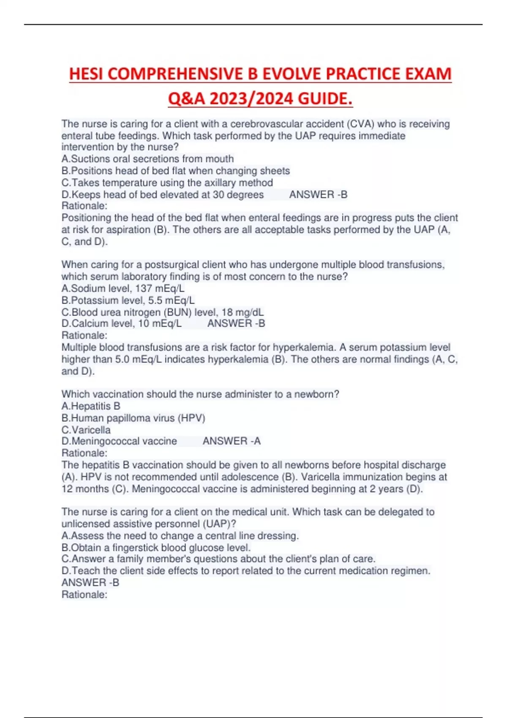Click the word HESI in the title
click(x=87, y=74)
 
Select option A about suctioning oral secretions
click(x=147, y=159)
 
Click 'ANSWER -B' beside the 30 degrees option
click(x=318, y=195)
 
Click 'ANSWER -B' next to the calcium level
click(x=236, y=324)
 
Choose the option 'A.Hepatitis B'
click(x=91, y=406)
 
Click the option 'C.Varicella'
click(x=86, y=430)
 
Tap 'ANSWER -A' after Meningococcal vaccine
click(x=232, y=441)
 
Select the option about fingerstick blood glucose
click(x=156, y=548)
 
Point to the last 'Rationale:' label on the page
click(x=84, y=595)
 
